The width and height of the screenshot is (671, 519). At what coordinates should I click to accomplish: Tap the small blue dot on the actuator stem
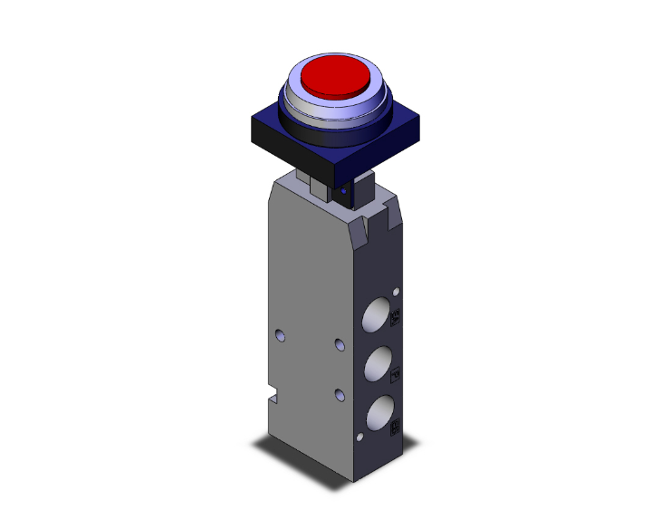click(x=343, y=191)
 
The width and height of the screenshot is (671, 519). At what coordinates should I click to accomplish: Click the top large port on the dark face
click(x=378, y=315)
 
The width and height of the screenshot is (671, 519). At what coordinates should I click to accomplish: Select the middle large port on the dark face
click(x=378, y=364)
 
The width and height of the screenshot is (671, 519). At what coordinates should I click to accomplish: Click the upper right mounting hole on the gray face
click(x=340, y=344)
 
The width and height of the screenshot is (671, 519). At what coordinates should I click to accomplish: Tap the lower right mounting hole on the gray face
click(x=340, y=394)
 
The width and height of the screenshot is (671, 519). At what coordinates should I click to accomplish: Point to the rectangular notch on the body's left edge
click(x=273, y=396)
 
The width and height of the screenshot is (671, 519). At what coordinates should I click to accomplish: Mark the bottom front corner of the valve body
click(x=354, y=479)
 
